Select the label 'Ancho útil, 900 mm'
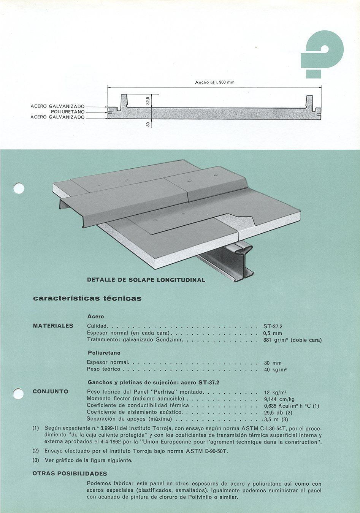214,82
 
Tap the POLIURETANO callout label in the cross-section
68,112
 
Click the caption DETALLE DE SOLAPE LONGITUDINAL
146,280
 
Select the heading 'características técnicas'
87,298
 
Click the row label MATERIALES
53,326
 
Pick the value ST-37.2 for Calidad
273,326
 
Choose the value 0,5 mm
273,333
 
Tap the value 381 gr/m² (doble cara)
292,340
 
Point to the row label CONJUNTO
51,391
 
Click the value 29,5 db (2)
278,412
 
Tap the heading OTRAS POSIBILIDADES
70,473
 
